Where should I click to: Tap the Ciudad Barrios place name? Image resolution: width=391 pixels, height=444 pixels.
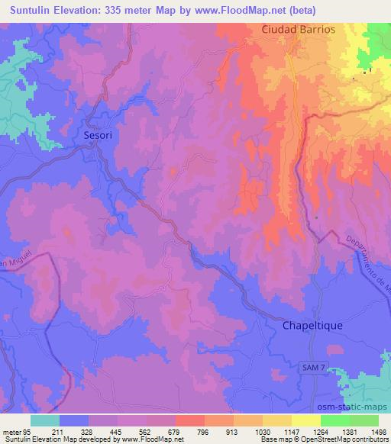click(x=299, y=29)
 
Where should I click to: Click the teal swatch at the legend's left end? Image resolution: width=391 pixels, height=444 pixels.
click(x=44, y=420)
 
